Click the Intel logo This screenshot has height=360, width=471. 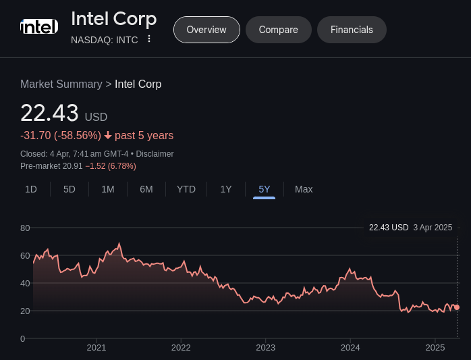pyautogui.click(x=39, y=28)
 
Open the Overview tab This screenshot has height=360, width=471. pyautogui.click(x=206, y=30)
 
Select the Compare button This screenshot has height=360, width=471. pyautogui.click(x=278, y=30)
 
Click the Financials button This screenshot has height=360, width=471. pyautogui.click(x=352, y=30)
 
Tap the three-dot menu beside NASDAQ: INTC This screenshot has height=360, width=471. pyautogui.click(x=149, y=39)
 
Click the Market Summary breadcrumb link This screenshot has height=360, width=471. pyautogui.click(x=61, y=84)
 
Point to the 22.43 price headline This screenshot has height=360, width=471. pyautogui.click(x=49, y=113)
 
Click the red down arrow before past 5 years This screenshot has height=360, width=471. pyautogui.click(x=108, y=136)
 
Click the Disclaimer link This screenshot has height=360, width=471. pyautogui.click(x=155, y=154)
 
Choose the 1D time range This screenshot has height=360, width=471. pyautogui.click(x=31, y=189)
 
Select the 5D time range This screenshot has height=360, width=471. pyautogui.click(x=70, y=189)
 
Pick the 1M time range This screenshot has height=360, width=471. pyautogui.click(x=108, y=189)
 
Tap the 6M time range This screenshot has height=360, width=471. pyautogui.click(x=146, y=189)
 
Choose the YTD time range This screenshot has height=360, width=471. pyautogui.click(x=186, y=189)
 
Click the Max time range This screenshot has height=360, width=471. pyautogui.click(x=304, y=189)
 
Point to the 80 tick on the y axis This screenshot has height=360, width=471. pyautogui.click(x=25, y=228)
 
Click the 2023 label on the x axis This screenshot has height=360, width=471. pyautogui.click(x=265, y=348)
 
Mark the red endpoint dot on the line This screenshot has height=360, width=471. pyautogui.click(x=457, y=307)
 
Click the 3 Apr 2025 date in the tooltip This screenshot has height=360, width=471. pyautogui.click(x=433, y=228)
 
